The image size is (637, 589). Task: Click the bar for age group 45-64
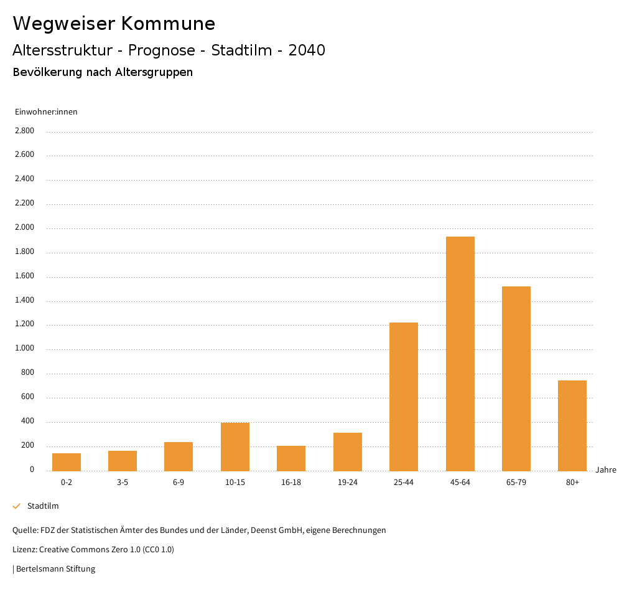[x=460, y=354]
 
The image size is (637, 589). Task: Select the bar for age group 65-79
[x=516, y=379]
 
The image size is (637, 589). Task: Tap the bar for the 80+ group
[x=572, y=425]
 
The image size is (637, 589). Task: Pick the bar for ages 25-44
[x=404, y=397]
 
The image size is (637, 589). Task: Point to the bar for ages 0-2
[x=67, y=462]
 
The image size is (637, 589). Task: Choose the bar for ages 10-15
[x=235, y=446]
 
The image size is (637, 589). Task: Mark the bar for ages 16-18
[x=291, y=458]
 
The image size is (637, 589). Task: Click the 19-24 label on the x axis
[x=347, y=483]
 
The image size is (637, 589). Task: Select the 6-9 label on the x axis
[x=179, y=483]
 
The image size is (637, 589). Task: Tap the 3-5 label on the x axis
[x=123, y=483]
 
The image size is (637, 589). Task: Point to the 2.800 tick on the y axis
[x=24, y=131]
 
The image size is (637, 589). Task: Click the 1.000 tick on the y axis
[x=24, y=349]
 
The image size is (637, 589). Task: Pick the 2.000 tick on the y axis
[x=24, y=228]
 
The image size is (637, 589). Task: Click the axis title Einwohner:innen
[x=46, y=112]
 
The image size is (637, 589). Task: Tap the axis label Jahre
[x=605, y=470]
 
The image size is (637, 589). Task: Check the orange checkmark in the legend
[x=17, y=506]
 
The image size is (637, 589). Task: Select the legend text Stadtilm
[x=43, y=506]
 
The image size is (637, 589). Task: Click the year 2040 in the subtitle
[x=307, y=50]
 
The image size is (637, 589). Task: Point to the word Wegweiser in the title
[x=63, y=24]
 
